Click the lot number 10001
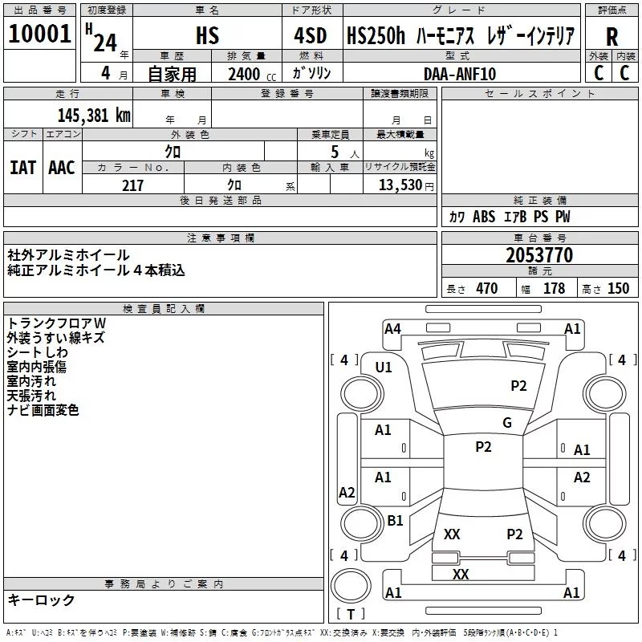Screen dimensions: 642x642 [x=39, y=34]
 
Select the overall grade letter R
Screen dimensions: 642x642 [x=612, y=37]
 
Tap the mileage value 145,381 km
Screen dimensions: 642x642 [x=94, y=116]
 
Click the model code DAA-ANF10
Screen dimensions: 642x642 [x=460, y=74]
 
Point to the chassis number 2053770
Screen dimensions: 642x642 [x=539, y=255]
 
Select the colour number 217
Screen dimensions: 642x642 [x=132, y=185]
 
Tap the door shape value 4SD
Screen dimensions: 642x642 [x=311, y=36]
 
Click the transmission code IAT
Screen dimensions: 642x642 [x=23, y=168]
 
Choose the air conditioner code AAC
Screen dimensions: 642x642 [x=62, y=168]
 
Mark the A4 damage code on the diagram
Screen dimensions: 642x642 [x=392, y=329]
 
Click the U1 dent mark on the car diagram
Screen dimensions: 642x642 [x=384, y=368]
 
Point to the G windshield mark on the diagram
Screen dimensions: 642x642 [x=507, y=423]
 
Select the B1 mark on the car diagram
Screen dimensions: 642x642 [x=395, y=520]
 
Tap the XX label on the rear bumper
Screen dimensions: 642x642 [x=461, y=574]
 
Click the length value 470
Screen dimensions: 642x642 [x=487, y=288]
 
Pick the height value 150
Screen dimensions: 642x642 [x=618, y=288]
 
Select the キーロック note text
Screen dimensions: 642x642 [x=42, y=599]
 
